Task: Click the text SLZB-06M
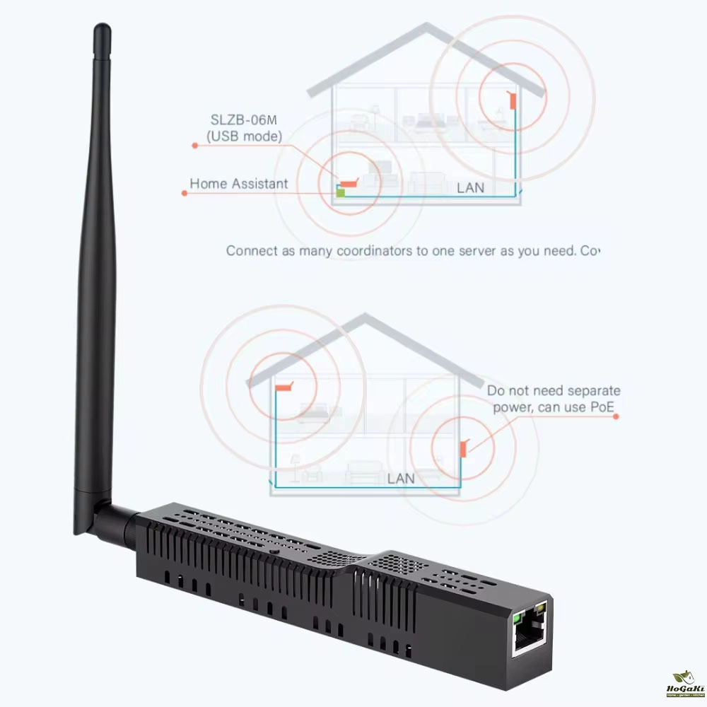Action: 245,119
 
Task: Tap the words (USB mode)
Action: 245,135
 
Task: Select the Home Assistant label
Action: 238,184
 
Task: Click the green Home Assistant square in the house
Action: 340,191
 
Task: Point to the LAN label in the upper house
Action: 470,188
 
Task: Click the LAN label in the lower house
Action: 401,479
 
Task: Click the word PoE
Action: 599,407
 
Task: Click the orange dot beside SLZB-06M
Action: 195,145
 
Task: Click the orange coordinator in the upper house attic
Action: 513,100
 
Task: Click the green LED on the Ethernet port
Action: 518,617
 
